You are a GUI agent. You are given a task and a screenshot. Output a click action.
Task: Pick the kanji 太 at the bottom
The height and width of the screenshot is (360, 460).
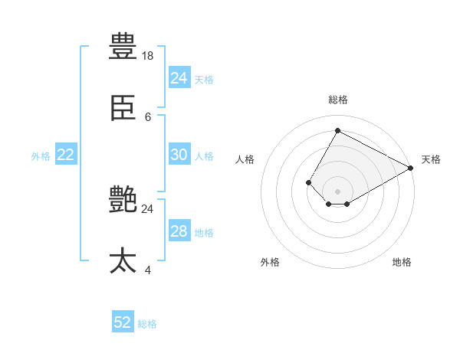pyautogui.click(x=123, y=260)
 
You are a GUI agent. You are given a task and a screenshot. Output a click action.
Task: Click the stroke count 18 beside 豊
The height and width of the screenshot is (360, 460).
pyautogui.click(x=148, y=56)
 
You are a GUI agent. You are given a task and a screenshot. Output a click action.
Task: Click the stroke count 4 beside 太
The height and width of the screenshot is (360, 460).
pyautogui.click(x=148, y=270)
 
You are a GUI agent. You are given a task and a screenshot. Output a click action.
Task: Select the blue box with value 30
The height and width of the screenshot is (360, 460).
pyautogui.click(x=179, y=155)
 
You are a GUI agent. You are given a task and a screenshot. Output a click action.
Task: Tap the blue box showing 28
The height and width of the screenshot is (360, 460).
pyautogui.click(x=179, y=231)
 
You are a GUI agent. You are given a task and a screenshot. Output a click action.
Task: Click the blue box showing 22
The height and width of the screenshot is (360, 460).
pyautogui.click(x=66, y=155)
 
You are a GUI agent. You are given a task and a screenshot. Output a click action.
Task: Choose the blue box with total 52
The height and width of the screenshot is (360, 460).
pyautogui.click(x=123, y=322)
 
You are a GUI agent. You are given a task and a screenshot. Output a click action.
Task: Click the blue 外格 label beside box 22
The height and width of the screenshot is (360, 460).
pyautogui.click(x=41, y=155)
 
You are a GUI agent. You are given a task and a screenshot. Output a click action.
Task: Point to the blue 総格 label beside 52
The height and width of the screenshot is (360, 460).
pyautogui.click(x=147, y=324)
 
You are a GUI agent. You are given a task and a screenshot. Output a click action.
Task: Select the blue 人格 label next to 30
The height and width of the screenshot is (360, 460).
pyautogui.click(x=204, y=155)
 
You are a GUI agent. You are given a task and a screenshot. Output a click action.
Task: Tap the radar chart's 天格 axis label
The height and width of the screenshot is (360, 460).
pyautogui.click(x=431, y=159)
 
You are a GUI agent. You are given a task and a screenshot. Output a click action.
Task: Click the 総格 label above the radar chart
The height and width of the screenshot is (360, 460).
pyautogui.click(x=337, y=100)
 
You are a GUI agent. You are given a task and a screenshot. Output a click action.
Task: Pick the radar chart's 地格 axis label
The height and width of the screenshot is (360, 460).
pyautogui.click(x=402, y=262)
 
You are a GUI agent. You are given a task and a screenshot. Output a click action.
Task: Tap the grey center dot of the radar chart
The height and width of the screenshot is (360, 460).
pyautogui.click(x=337, y=191)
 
